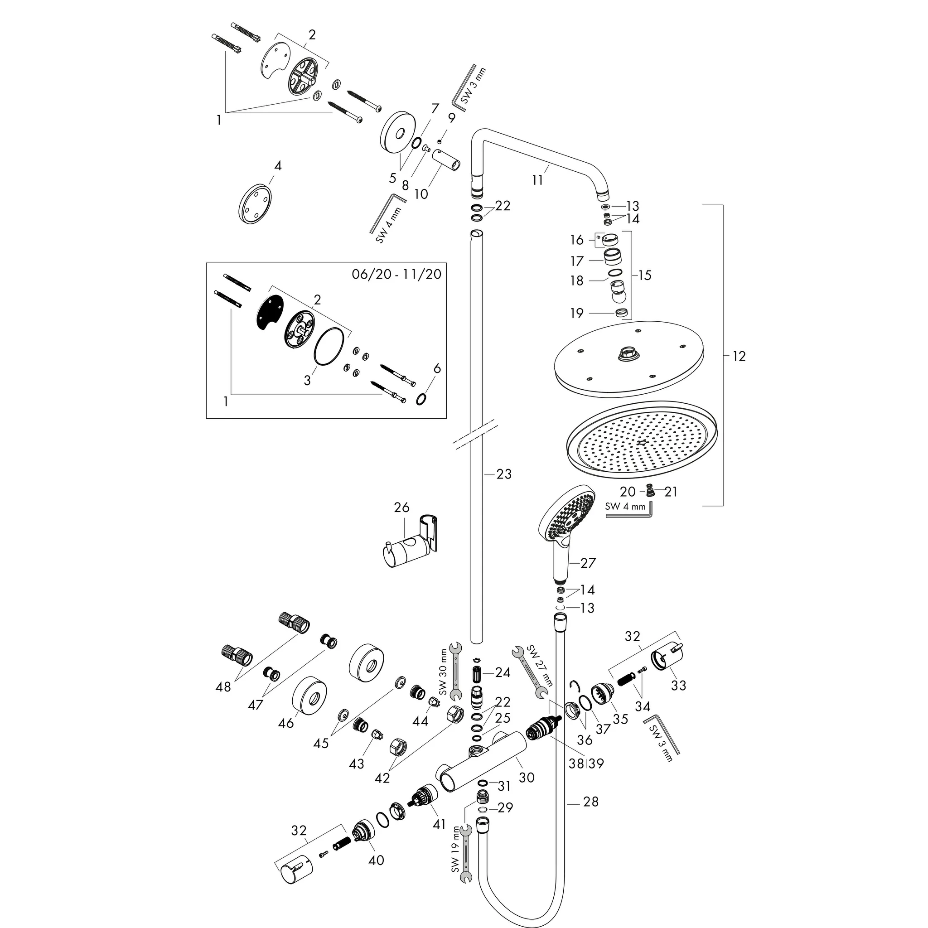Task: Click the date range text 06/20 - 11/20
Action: (x=396, y=274)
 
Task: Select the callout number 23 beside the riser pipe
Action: (x=504, y=474)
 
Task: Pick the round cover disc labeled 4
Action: (x=255, y=203)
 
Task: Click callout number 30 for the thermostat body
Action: (x=527, y=777)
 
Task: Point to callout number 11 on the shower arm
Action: (x=537, y=180)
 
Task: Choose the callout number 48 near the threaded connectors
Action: (x=223, y=687)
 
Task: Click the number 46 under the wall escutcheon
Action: (x=286, y=722)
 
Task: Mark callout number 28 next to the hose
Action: (x=591, y=801)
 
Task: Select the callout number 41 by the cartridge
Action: (x=439, y=824)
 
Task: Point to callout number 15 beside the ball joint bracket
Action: (x=645, y=275)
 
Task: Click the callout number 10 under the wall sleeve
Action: (x=421, y=194)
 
